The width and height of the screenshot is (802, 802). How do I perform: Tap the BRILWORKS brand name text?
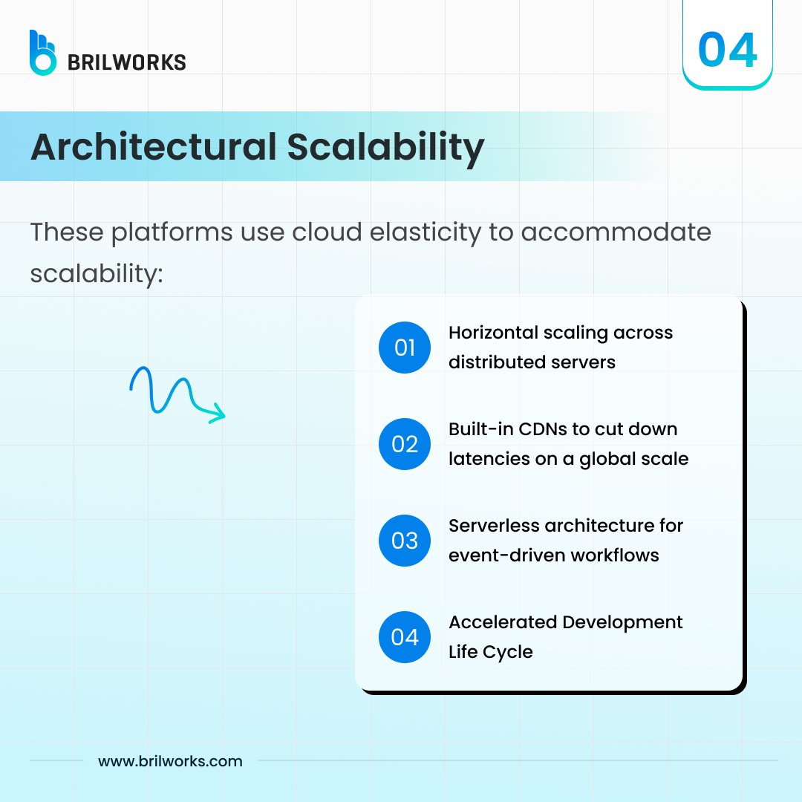(x=126, y=62)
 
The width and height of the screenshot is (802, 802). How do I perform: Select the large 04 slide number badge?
(x=727, y=50)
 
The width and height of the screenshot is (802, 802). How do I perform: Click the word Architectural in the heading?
(x=153, y=147)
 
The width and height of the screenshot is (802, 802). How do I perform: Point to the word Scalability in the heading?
(x=385, y=147)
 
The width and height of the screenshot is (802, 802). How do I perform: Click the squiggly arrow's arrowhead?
(x=217, y=414)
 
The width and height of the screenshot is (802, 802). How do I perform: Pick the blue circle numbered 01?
(x=405, y=348)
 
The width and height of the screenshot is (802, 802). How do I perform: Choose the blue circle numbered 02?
(x=405, y=444)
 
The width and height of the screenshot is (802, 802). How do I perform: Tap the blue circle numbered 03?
(x=405, y=541)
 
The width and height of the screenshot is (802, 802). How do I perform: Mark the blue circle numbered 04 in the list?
(x=405, y=637)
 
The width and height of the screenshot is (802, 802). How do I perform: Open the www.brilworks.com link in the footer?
(x=170, y=761)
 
